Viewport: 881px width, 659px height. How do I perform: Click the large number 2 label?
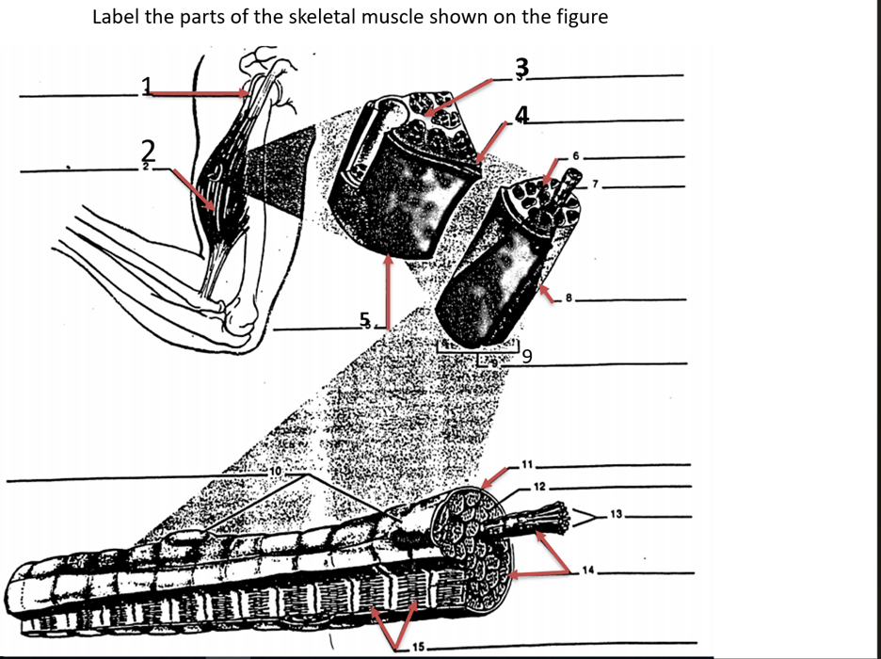point(147,150)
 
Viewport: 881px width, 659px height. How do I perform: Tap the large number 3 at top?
point(523,68)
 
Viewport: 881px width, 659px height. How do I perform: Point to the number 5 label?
point(365,319)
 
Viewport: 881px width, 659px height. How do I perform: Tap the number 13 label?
point(617,514)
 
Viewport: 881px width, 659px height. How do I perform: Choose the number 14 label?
point(590,570)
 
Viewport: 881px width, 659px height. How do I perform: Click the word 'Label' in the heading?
point(117,18)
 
